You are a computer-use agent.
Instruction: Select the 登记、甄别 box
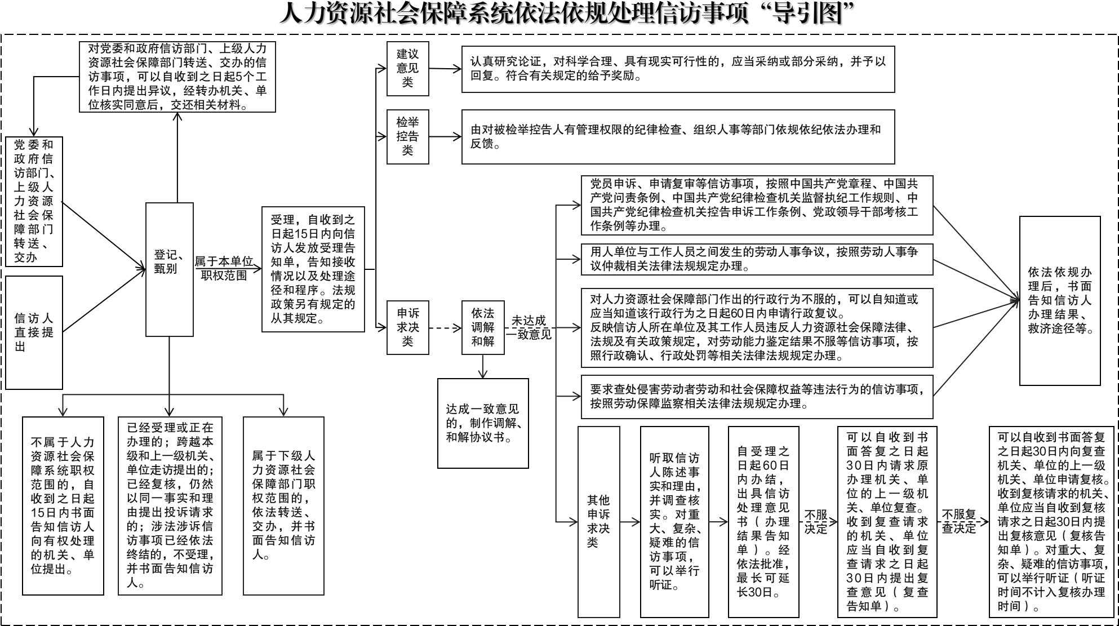tap(169, 269)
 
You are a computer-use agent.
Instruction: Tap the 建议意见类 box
tap(407, 68)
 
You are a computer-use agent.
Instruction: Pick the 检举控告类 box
tap(407, 136)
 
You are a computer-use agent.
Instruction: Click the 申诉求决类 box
tap(407, 327)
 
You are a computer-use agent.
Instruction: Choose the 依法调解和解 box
tap(482, 327)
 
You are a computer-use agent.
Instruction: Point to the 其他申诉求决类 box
tap(598, 521)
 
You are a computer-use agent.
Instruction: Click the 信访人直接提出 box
tap(34, 332)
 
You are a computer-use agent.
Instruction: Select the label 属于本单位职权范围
tap(224, 269)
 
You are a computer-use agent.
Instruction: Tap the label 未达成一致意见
tap(529, 327)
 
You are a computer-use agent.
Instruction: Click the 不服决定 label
tap(815, 521)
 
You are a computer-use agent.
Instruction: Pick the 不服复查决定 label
tap(959, 521)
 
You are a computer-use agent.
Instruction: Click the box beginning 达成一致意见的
tap(483, 423)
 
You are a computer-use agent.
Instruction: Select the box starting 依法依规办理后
tap(1059, 301)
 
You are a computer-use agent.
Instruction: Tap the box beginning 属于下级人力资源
tap(283, 505)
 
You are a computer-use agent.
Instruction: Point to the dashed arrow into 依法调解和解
tap(445, 327)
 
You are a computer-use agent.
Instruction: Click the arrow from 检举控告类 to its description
tap(445, 136)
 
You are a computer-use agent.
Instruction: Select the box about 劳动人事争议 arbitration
tap(757, 259)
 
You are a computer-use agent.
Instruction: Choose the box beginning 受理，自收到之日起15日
tap(313, 269)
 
